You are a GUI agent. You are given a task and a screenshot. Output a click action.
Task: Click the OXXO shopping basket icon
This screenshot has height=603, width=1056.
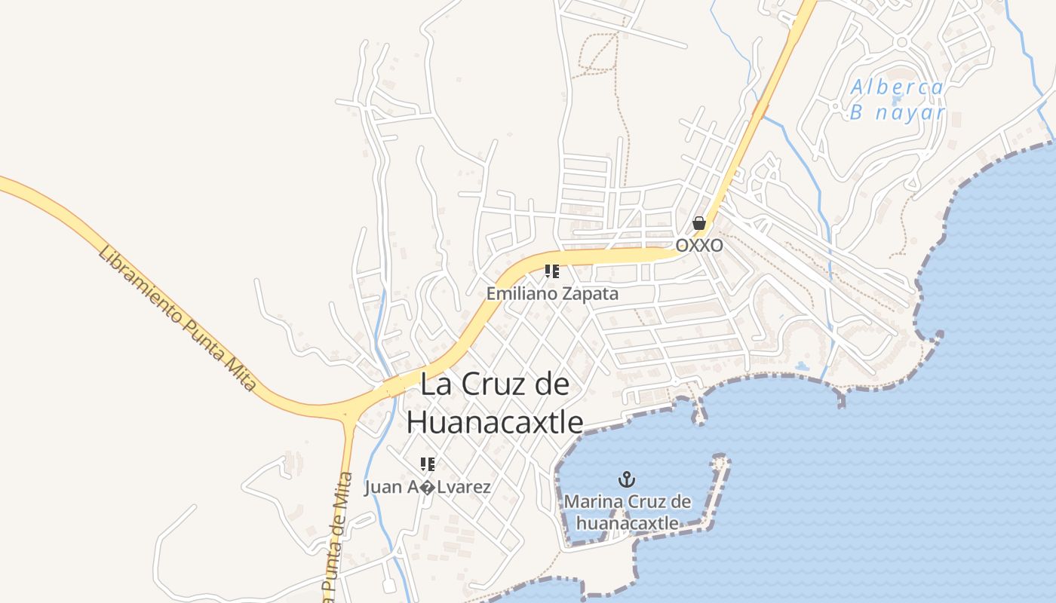(699, 223)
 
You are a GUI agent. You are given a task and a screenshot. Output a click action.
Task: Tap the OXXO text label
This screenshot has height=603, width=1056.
(699, 246)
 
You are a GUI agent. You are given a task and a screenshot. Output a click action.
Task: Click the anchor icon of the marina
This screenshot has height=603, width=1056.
(627, 479)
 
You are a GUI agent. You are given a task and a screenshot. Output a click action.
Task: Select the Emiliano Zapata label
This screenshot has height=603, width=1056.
(552, 294)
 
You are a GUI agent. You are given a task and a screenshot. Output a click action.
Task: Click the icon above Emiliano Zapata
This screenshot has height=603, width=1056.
(552, 271)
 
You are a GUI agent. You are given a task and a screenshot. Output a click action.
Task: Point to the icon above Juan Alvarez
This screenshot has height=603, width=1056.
(428, 464)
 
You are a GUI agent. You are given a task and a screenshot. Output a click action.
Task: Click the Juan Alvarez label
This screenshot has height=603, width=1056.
(428, 488)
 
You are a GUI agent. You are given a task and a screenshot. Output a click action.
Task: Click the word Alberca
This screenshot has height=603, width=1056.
(898, 87)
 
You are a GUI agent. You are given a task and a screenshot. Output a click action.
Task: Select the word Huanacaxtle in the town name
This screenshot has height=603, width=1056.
(495, 423)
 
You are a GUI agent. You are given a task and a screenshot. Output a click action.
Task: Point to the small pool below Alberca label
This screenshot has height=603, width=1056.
(895, 99)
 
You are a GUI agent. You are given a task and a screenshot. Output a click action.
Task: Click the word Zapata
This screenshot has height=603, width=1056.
(592, 294)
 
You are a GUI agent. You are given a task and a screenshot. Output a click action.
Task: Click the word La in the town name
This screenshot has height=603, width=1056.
(434, 384)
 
